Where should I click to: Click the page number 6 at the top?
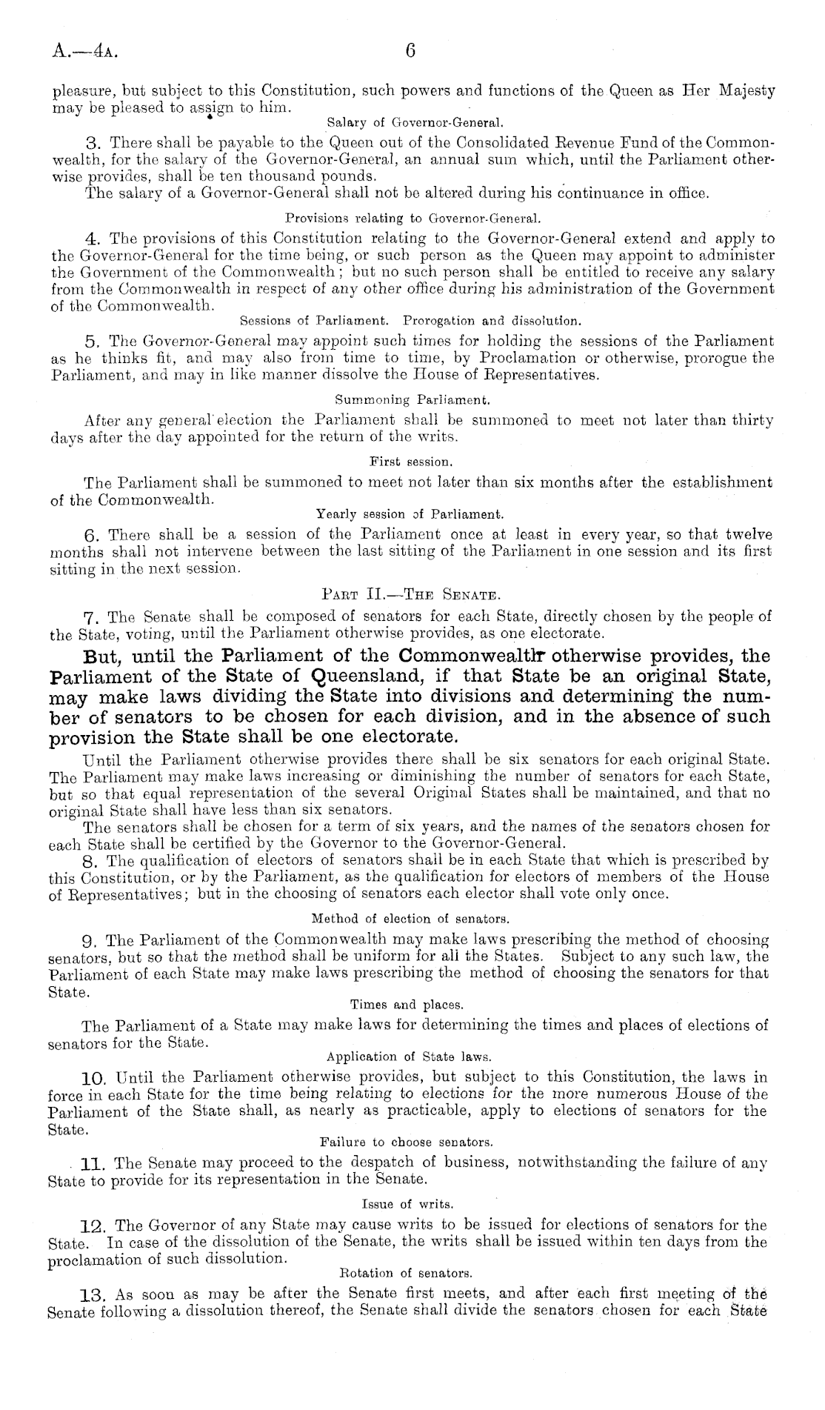tap(412, 51)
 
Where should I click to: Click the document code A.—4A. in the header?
tap(84, 52)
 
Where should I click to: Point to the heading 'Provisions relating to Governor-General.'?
tap(413, 219)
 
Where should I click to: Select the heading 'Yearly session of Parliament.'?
tap(410, 513)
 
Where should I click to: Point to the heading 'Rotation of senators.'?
tap(405, 1274)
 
